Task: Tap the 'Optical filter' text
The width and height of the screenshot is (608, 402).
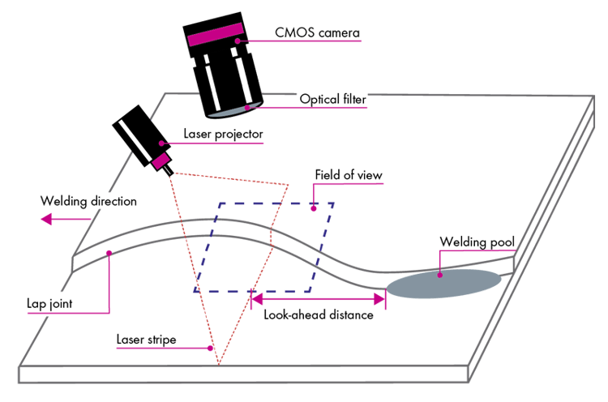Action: click(x=333, y=100)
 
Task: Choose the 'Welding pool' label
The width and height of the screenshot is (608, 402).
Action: click(x=476, y=242)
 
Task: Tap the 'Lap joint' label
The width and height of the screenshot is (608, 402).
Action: click(x=49, y=305)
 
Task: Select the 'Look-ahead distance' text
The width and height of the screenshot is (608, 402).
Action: click(x=319, y=315)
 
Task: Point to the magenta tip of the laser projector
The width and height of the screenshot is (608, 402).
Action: click(x=160, y=165)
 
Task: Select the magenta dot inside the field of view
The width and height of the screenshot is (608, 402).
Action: click(x=313, y=209)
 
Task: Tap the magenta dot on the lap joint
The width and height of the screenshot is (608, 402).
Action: click(x=108, y=254)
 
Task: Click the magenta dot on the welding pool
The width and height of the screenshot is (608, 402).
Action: click(x=439, y=276)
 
